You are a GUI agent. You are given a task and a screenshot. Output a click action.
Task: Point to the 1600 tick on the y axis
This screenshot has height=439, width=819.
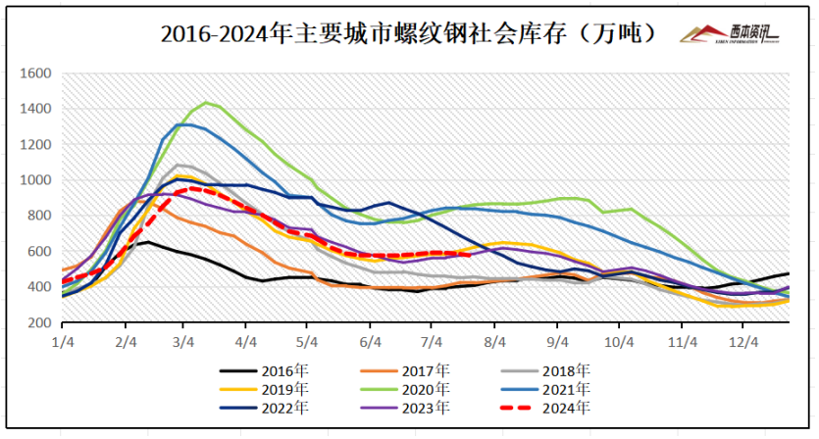pos(35,73)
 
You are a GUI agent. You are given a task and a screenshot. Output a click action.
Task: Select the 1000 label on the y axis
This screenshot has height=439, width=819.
pos(35,180)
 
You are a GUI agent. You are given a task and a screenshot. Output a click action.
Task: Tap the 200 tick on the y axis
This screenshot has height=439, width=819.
pos(39,323)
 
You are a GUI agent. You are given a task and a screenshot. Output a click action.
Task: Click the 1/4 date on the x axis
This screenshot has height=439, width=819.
pos(64,342)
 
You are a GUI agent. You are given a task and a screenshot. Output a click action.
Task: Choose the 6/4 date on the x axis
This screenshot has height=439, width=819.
pos(372,342)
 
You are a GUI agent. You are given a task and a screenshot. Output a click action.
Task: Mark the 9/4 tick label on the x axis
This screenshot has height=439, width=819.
pos(557,342)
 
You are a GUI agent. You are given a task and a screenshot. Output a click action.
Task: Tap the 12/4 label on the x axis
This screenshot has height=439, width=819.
pos(742,342)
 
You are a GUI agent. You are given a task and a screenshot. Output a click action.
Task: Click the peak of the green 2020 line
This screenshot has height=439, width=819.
pos(206,102)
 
